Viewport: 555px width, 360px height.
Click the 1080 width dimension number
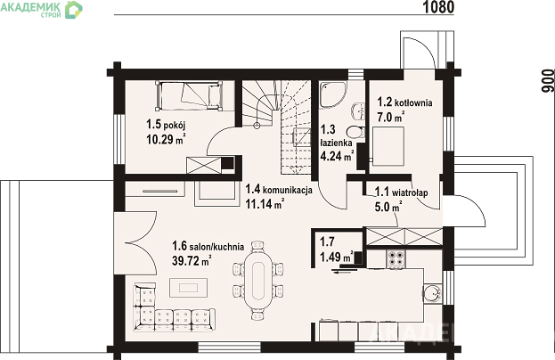[x=438, y=7]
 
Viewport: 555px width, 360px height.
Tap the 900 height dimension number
[x=548, y=81]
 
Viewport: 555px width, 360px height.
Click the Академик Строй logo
[x=41, y=9]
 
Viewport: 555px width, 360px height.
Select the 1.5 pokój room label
[x=166, y=125]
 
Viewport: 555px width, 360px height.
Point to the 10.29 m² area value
[x=166, y=139]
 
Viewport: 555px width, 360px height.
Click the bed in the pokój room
[x=189, y=95]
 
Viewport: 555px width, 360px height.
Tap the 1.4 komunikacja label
[x=279, y=190]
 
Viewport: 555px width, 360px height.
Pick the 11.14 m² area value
[x=265, y=204]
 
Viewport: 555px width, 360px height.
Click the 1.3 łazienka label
[x=336, y=135]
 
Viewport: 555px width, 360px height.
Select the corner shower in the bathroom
[x=332, y=94]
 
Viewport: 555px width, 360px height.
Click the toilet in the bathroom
[x=355, y=133]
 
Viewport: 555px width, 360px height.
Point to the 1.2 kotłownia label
[x=404, y=102]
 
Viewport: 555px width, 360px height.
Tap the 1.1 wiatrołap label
[x=402, y=192]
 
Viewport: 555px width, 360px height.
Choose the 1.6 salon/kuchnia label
[x=208, y=246]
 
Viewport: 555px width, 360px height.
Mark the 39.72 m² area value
[x=192, y=260]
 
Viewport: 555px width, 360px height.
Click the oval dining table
[x=257, y=281]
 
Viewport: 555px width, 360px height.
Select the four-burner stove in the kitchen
[x=396, y=258]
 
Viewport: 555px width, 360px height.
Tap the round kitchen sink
[x=432, y=293]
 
